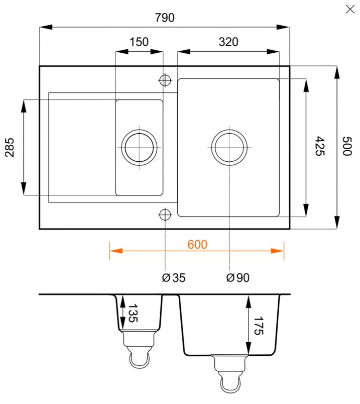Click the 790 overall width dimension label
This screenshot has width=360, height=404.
[164, 18]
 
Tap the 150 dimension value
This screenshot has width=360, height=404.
[139, 42]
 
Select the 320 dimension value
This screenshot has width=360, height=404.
[228, 42]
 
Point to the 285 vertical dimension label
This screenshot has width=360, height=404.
[11, 148]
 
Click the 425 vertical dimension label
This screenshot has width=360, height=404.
[319, 146]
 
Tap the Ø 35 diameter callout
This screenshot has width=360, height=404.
[174, 277]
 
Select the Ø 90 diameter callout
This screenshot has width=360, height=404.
[237, 277]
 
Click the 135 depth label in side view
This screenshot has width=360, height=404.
[133, 313]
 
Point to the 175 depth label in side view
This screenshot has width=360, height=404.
[259, 326]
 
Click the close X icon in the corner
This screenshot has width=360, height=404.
[350, 9]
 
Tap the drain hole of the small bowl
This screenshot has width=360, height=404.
[139, 147]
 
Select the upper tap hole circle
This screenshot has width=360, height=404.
[165, 80]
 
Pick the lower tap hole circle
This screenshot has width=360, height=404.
[165, 215]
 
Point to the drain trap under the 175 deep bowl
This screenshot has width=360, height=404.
[229, 374]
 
